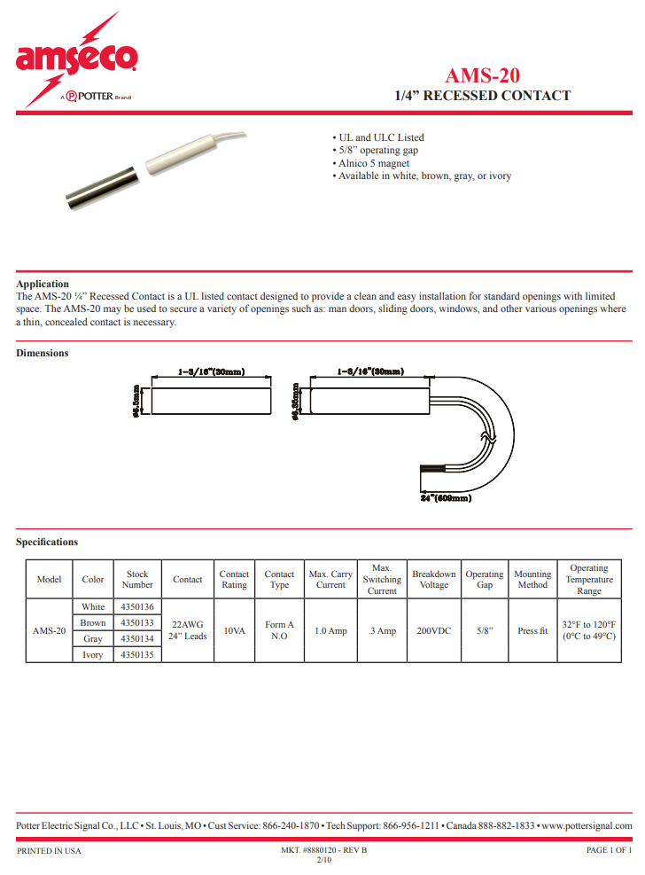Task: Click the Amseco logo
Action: point(76,60)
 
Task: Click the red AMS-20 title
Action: point(482,75)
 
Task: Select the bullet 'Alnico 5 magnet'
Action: point(373,163)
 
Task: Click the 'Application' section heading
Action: point(43,284)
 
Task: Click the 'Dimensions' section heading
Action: point(43,353)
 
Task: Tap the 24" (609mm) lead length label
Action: point(445,498)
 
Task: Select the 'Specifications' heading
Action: point(47,542)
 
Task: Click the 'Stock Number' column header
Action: point(137,580)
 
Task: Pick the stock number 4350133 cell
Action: point(137,623)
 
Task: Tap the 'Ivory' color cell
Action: point(93,655)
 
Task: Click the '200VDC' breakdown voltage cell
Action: point(434,631)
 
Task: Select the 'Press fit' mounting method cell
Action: point(532,631)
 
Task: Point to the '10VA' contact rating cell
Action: point(234,631)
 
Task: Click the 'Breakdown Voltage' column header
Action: point(434,580)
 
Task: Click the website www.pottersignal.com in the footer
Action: point(587,825)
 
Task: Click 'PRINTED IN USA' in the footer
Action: point(49,850)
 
